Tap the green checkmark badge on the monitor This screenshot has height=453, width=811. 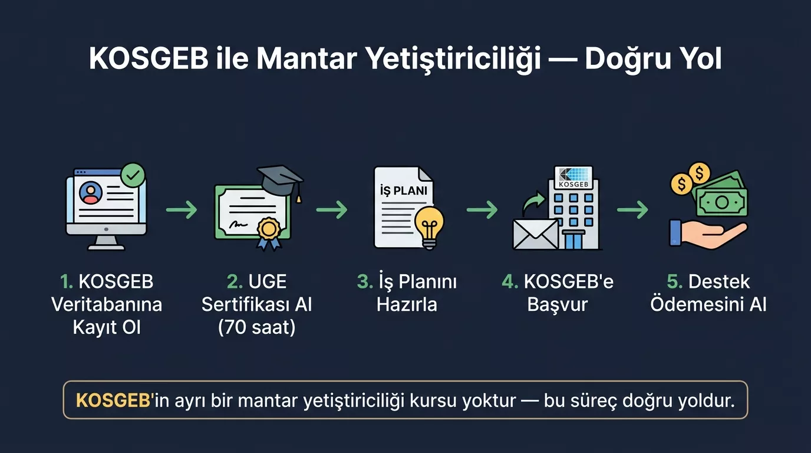(133, 175)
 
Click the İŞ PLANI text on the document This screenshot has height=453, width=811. (404, 192)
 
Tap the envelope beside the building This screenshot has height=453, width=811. (535, 234)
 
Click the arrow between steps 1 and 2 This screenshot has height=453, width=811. (181, 209)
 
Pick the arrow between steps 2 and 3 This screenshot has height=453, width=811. (331, 209)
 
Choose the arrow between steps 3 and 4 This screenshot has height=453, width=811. (482, 209)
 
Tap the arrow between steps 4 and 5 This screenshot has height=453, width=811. (632, 209)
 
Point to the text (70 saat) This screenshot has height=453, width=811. (256, 327)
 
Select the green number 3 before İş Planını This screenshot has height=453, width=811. (364, 282)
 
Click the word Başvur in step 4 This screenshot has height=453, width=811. (558, 304)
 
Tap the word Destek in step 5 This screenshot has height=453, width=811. (719, 282)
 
